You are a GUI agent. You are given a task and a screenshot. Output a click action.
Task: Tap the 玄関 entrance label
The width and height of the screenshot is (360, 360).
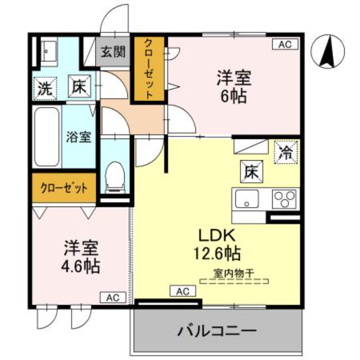[112, 53]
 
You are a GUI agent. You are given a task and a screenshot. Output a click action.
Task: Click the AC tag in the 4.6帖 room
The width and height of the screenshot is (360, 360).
[112, 297]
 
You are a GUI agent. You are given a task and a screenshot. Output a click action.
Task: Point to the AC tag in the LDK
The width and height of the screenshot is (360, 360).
[183, 292]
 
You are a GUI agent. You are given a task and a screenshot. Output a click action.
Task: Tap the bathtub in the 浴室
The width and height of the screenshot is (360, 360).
[47, 137]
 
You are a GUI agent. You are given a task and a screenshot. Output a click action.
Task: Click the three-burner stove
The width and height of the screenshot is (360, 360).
[285, 198]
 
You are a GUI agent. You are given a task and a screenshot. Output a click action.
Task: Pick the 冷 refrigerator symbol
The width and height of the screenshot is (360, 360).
[286, 151]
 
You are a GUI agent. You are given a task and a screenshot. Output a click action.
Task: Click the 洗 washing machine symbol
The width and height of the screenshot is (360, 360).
[45, 87]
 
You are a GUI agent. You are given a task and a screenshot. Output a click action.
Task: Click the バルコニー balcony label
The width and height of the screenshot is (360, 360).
[217, 332]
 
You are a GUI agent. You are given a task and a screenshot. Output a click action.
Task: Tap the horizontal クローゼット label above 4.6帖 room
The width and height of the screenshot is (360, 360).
[64, 187]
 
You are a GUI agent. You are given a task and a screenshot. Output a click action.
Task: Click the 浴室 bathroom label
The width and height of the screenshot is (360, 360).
[79, 137]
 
